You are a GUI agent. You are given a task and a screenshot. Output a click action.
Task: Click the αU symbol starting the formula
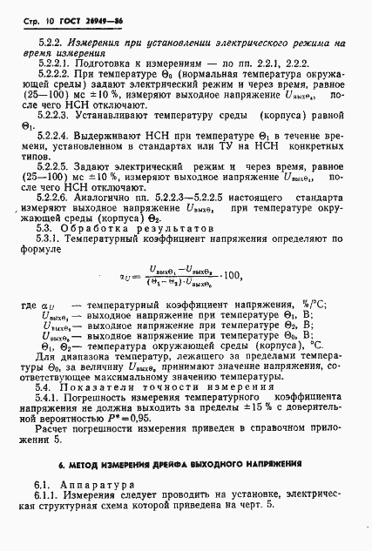tap(124, 278)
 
